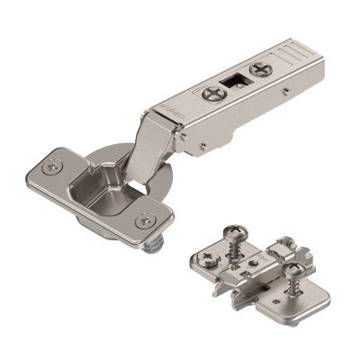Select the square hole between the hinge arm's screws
tap(237, 80)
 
